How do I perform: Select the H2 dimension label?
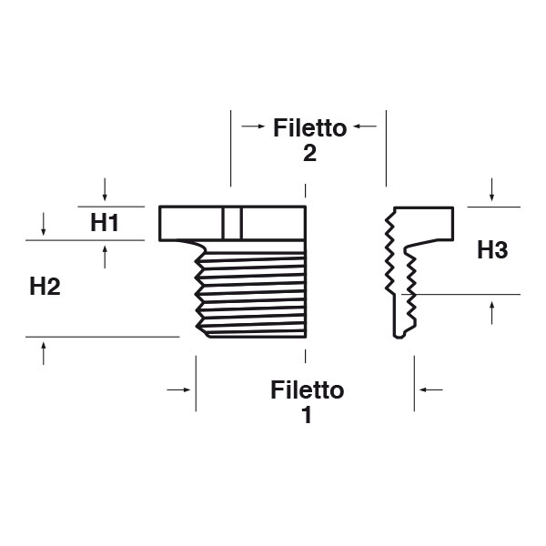point(45,287)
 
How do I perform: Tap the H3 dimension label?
point(491,250)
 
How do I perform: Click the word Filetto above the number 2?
point(309,127)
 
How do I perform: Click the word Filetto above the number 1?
point(308,390)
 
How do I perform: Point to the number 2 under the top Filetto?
point(309,154)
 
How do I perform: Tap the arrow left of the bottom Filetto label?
point(179,389)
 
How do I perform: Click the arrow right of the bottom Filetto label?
point(431,389)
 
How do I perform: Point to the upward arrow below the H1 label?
point(106,258)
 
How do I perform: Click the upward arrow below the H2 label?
point(44,353)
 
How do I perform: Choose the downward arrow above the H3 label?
point(491,190)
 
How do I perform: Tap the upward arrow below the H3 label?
point(491,312)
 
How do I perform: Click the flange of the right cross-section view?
point(428,222)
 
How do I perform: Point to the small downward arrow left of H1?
point(44,222)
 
